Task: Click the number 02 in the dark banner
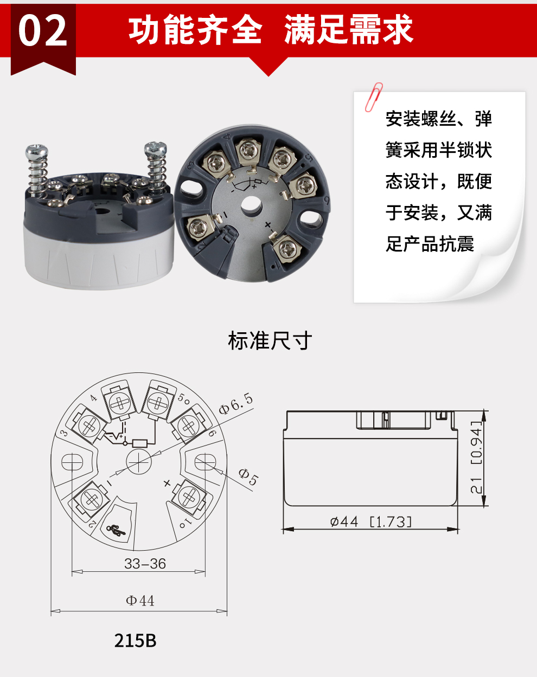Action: pyautogui.click(x=43, y=30)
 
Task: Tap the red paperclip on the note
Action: pyautogui.click(x=374, y=97)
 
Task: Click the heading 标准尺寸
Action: pyautogui.click(x=270, y=340)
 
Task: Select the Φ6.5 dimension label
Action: pyautogui.click(x=236, y=404)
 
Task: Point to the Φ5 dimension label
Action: pyautogui.click(x=248, y=477)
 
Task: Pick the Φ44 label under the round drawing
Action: pyautogui.click(x=140, y=601)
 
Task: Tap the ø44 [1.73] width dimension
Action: pyautogui.click(x=371, y=522)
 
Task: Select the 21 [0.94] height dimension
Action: pyautogui.click(x=476, y=457)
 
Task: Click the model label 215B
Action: pyautogui.click(x=136, y=641)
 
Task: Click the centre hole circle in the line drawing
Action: pyautogui.click(x=139, y=461)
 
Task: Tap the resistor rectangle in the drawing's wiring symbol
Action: pyautogui.click(x=139, y=443)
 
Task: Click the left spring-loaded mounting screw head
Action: pyautogui.click(x=37, y=150)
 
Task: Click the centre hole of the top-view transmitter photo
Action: pyautogui.click(x=252, y=207)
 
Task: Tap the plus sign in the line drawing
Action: pyautogui.click(x=168, y=483)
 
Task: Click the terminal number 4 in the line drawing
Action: pyautogui.click(x=93, y=398)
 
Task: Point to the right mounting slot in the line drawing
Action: pyautogui.click(x=205, y=462)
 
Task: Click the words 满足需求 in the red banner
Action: pyautogui.click(x=348, y=30)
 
